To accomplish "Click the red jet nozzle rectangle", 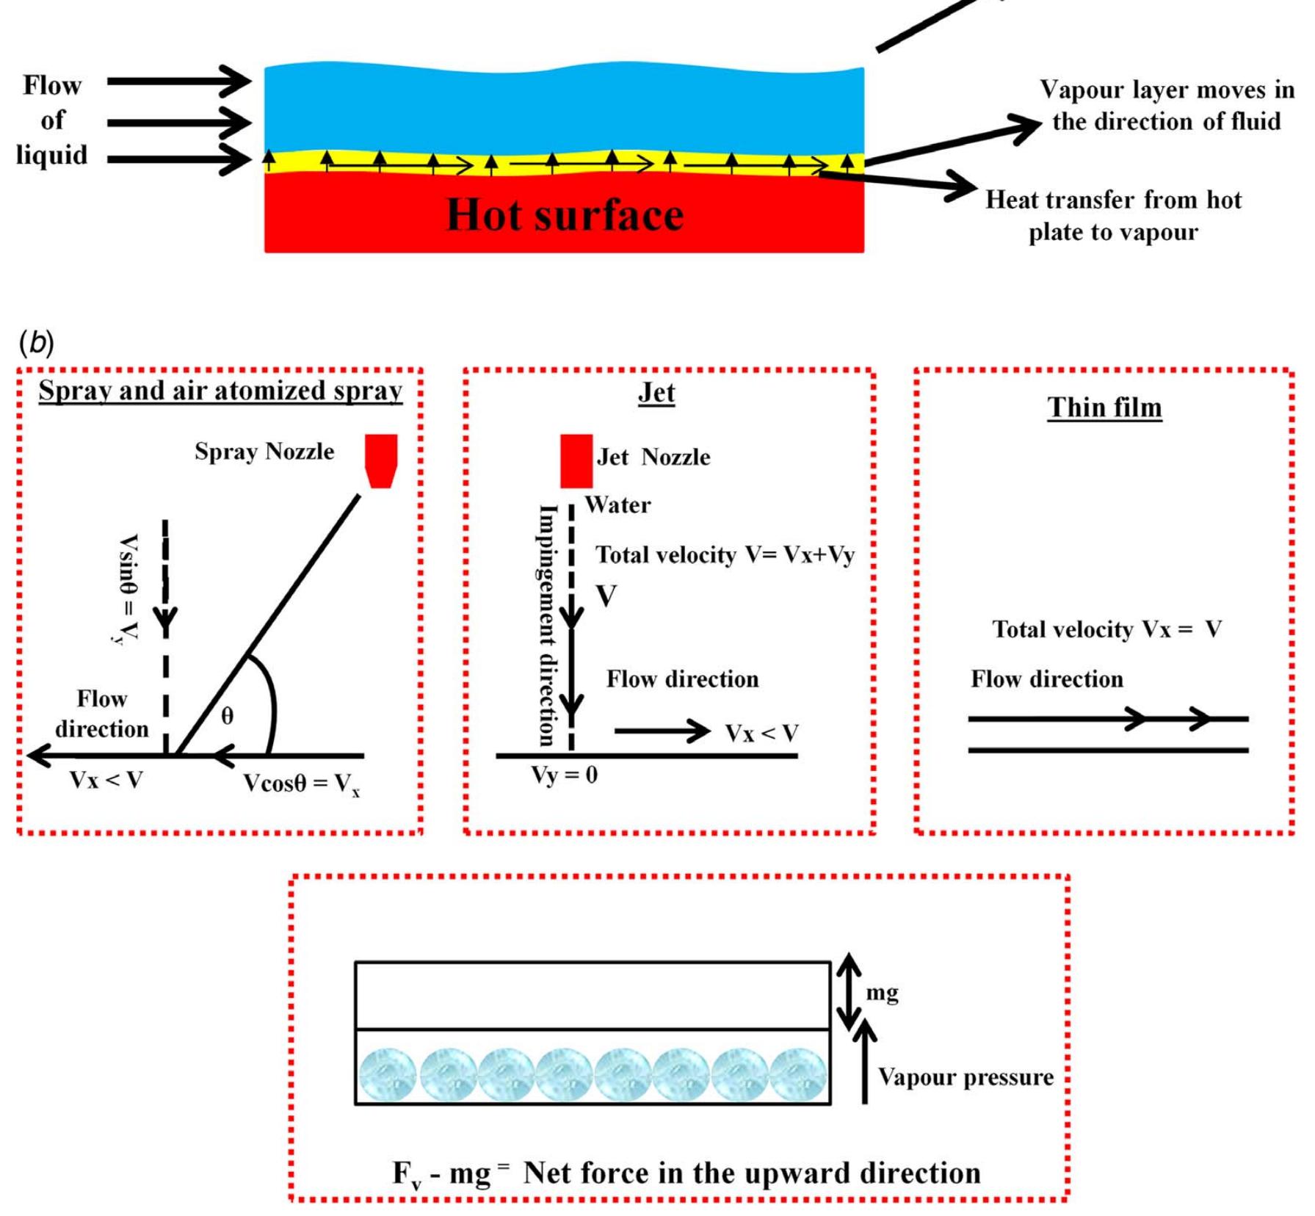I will point(576,460).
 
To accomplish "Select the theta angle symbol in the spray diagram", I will point(228,715).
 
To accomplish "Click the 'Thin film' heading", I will point(1104,408).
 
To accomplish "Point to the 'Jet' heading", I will point(656,393).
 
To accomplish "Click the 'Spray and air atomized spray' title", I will point(220,391).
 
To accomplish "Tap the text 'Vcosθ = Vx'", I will point(301,784).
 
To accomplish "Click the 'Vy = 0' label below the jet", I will point(564,775).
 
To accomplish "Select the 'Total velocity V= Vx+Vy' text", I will point(725,555).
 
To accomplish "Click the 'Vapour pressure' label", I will point(966,1077).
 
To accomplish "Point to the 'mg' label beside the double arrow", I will point(882,993).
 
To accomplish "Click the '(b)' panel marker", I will point(37,343).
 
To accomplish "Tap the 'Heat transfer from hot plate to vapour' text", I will point(1112,215).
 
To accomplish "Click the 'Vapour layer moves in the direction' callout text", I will point(1166,105).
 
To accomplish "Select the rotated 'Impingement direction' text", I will point(547,624).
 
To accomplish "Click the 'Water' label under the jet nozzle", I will point(617,505).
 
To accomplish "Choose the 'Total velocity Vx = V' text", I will point(1106,629).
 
